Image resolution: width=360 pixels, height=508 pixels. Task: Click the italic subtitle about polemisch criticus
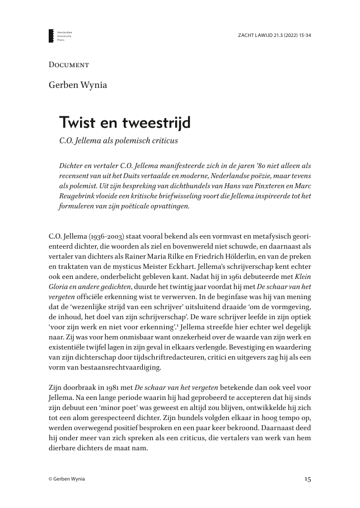click(x=118, y=140)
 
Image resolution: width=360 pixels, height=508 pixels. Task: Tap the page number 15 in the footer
click(x=307, y=479)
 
